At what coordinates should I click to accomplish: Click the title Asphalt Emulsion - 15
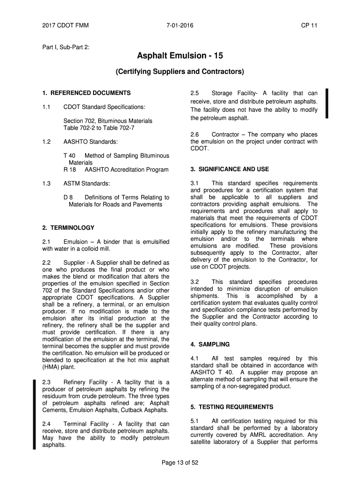point(180,56)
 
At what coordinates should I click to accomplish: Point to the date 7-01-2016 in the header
point(180,25)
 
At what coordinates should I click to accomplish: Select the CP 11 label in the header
point(309,25)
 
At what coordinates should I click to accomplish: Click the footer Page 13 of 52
point(180,463)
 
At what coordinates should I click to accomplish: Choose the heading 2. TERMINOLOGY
point(68,228)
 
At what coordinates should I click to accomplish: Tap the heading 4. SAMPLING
point(210,344)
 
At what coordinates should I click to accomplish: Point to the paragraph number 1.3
point(46,183)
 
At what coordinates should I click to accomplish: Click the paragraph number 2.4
point(46,424)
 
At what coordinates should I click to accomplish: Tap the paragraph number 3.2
point(195,282)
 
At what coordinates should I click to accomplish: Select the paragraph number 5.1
point(195,421)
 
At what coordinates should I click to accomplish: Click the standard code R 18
point(69,169)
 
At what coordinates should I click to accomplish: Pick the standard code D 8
point(68,197)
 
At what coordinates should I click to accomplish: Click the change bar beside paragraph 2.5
point(328,103)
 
